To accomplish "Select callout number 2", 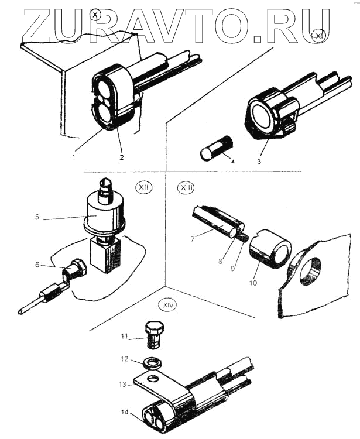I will point(122,157).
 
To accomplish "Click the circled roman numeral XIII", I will point(187,188).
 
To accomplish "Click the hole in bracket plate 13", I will point(153,379).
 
